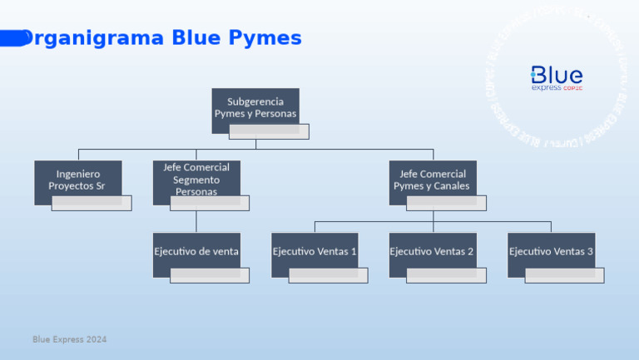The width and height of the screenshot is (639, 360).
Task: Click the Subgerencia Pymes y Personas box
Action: pyautogui.click(x=255, y=106)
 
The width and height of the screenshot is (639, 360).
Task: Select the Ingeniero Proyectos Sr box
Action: pyautogui.click(x=78, y=179)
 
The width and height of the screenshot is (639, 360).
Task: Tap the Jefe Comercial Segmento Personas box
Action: pyautogui.click(x=196, y=177)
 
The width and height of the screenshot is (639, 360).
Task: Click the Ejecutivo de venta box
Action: pyautogui.click(x=196, y=250)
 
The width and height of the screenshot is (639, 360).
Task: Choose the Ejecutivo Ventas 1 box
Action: pyautogui.click(x=315, y=250)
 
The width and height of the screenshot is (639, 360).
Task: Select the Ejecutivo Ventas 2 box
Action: pyautogui.click(x=433, y=250)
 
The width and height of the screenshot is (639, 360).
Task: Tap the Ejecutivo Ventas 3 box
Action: pyautogui.click(x=551, y=250)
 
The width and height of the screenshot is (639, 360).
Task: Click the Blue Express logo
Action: pyautogui.click(x=557, y=78)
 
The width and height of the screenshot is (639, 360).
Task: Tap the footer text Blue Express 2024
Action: pyautogui.click(x=70, y=340)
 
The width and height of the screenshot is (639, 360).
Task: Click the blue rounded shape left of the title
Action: pyautogui.click(x=12, y=37)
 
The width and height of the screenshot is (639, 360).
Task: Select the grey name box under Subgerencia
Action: pyautogui.click(x=269, y=131)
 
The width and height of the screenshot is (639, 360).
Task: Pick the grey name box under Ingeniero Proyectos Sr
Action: pyautogui.click(x=92, y=203)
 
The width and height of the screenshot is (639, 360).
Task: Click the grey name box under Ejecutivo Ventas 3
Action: pyautogui.click(x=564, y=275)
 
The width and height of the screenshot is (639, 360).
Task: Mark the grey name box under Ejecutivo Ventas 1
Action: pyautogui.click(x=328, y=275)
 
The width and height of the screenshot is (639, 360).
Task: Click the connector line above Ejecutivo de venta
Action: pyautogui.click(x=196, y=220)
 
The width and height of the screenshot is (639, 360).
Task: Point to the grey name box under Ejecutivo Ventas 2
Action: pyautogui.click(x=446, y=275)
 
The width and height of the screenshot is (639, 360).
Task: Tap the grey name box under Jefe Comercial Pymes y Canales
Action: pyautogui.click(x=446, y=203)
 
